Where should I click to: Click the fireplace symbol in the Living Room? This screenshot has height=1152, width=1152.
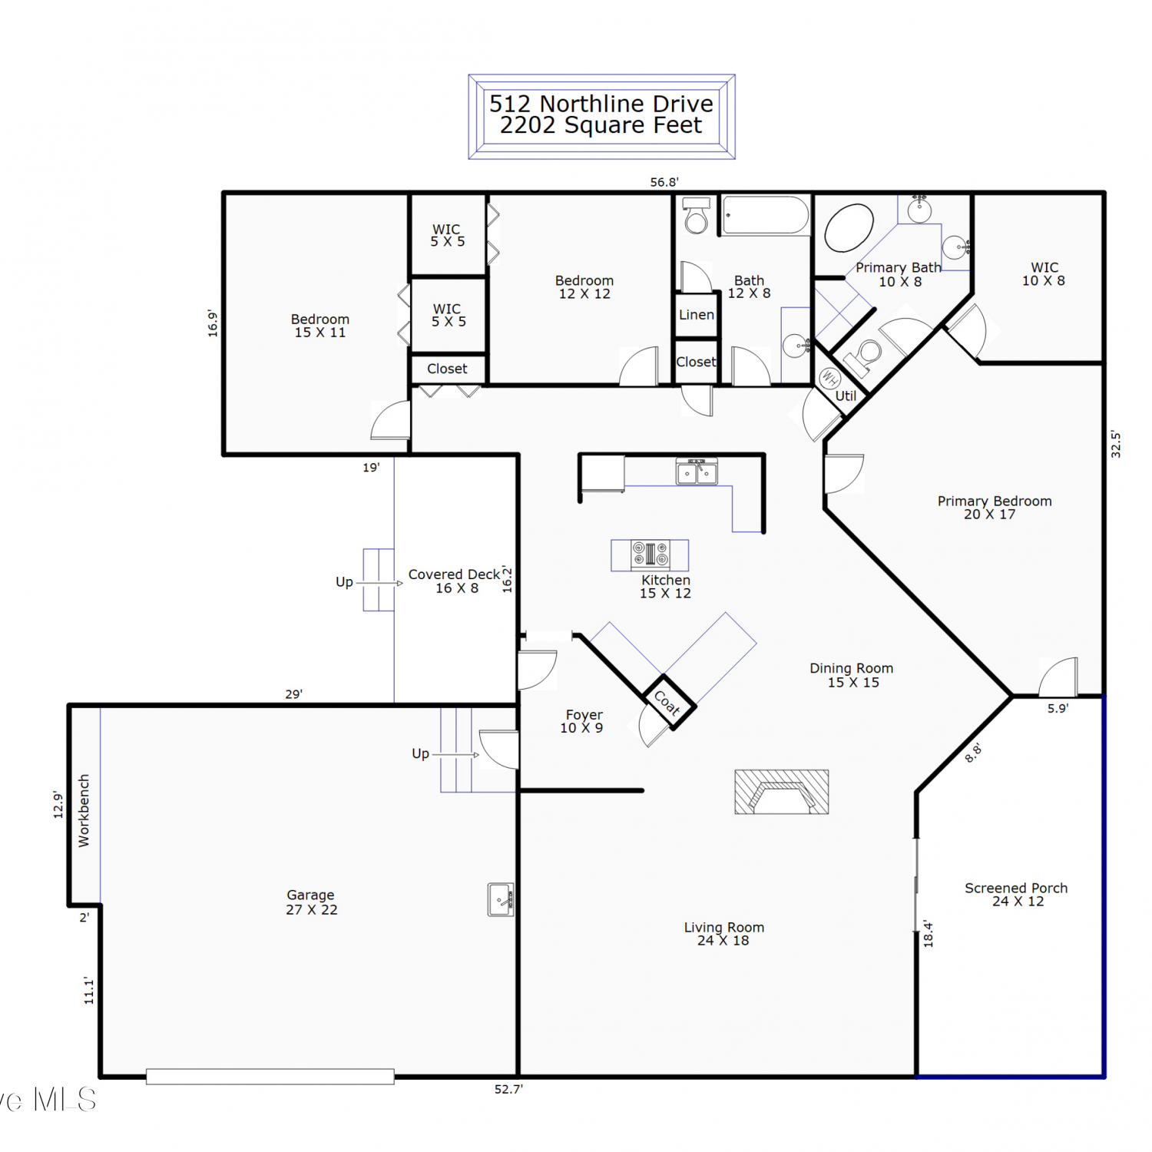(x=781, y=791)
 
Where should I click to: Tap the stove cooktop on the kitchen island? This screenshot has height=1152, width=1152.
(x=650, y=554)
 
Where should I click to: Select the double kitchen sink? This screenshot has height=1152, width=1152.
(x=697, y=472)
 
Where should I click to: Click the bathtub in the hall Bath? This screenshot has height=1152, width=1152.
(x=766, y=216)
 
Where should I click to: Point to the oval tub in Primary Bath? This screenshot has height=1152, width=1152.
(x=849, y=227)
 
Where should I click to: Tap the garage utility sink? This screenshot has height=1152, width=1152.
(x=501, y=899)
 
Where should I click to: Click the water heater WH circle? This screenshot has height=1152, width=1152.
(x=829, y=378)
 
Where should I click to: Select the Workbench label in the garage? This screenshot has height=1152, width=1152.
(x=84, y=810)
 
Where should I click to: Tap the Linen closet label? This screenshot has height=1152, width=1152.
(x=697, y=315)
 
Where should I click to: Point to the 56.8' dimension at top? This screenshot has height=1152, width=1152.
(x=664, y=182)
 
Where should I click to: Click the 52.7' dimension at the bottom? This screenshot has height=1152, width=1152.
(x=508, y=1089)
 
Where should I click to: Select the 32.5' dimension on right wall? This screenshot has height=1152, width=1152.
(x=1116, y=445)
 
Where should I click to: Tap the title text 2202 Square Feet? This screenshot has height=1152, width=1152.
(x=601, y=125)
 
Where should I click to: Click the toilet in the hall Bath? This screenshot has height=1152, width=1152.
(x=697, y=216)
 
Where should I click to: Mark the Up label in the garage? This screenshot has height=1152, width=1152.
(x=420, y=753)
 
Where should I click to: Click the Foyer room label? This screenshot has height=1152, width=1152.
(x=584, y=715)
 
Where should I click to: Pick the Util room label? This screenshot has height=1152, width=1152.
(x=846, y=396)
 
